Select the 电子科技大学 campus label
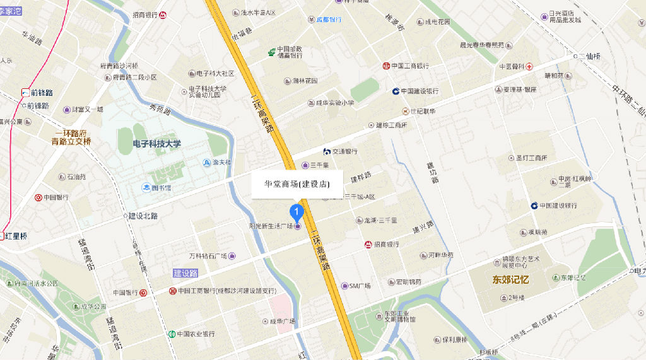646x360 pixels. tap(157, 144)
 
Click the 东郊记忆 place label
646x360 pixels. tap(511, 279)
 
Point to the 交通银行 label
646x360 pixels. tap(344, 151)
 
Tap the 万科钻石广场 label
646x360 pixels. tap(208, 256)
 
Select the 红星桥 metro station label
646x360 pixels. tap(16, 236)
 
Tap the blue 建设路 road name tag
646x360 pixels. tap(185, 273)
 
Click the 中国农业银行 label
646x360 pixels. tap(196, 334)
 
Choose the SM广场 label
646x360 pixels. tap(360, 286)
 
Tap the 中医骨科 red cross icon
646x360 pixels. tap(530, 66)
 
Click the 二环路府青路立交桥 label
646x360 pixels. tap(71, 137)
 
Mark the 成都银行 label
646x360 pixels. tap(329, 20)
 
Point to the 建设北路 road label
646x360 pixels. tap(143, 216)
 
